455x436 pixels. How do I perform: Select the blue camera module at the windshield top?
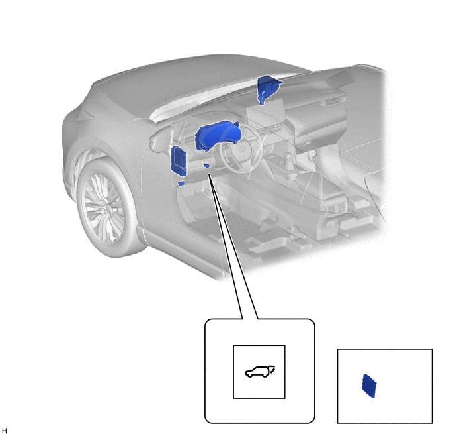[268, 87]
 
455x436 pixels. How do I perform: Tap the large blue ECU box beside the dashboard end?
[179, 161]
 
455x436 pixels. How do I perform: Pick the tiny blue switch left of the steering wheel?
[206, 166]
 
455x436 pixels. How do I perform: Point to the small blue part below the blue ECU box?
[182, 183]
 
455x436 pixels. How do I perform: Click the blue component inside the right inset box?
[369, 386]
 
